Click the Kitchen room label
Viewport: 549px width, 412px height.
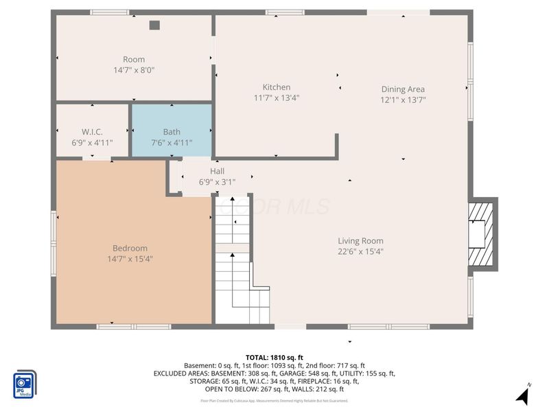(277, 87)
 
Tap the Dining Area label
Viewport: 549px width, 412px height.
(403, 89)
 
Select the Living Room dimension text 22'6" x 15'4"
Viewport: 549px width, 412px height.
(360, 251)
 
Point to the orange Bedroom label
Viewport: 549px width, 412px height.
(130, 249)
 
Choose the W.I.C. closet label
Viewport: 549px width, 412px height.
(92, 132)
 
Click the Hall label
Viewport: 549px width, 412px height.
(217, 171)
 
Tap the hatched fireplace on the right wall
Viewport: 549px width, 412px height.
(482, 233)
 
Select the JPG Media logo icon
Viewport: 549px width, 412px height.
(25, 385)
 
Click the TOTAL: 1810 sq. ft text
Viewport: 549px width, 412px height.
(274, 358)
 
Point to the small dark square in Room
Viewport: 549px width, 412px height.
(154, 25)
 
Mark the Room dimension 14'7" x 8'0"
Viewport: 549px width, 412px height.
(134, 70)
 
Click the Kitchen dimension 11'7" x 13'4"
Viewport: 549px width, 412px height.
(277, 98)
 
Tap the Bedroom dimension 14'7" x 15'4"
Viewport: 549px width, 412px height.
(130, 259)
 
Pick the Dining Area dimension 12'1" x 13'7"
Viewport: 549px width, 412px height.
(403, 100)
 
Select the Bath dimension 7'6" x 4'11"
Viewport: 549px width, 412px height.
(172, 142)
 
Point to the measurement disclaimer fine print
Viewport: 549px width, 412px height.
(274, 400)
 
